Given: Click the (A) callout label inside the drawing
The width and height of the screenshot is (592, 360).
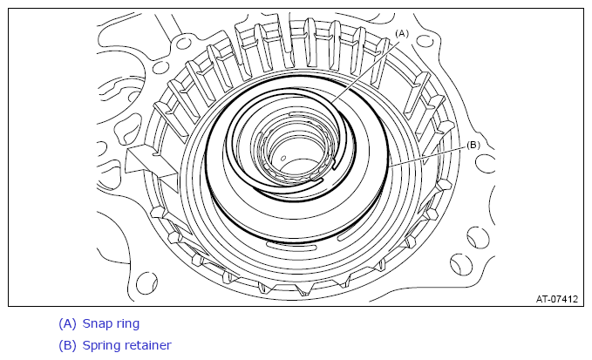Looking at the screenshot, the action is click(402, 34).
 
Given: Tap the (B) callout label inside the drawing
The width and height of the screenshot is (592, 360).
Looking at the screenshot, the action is click(473, 146).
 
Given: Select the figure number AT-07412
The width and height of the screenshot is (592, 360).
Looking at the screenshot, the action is click(557, 299).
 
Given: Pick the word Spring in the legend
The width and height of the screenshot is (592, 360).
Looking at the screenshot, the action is click(101, 346).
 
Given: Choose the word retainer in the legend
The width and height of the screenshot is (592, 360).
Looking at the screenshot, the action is click(148, 345).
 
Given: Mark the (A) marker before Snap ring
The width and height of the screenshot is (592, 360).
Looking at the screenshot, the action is click(67, 323).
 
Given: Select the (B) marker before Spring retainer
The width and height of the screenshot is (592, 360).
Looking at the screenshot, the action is click(67, 345).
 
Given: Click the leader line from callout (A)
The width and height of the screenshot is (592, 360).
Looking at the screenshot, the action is click(365, 71).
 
